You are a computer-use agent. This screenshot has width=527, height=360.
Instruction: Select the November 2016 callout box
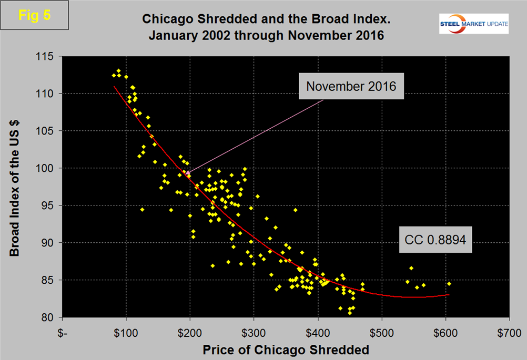tap(351, 87)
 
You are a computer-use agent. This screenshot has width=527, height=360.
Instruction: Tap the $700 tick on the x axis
tap(509, 332)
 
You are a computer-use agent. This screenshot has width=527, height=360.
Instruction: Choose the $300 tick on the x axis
tap(254, 332)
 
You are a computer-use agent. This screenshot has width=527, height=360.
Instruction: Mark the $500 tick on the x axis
tap(382, 332)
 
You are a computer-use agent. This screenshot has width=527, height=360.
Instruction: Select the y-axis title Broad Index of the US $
tap(15, 187)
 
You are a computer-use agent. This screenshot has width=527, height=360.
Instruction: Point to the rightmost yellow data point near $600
tap(449, 284)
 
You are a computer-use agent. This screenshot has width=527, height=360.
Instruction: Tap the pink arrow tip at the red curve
tap(186, 172)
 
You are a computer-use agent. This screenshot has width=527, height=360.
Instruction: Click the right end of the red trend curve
tap(449, 295)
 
